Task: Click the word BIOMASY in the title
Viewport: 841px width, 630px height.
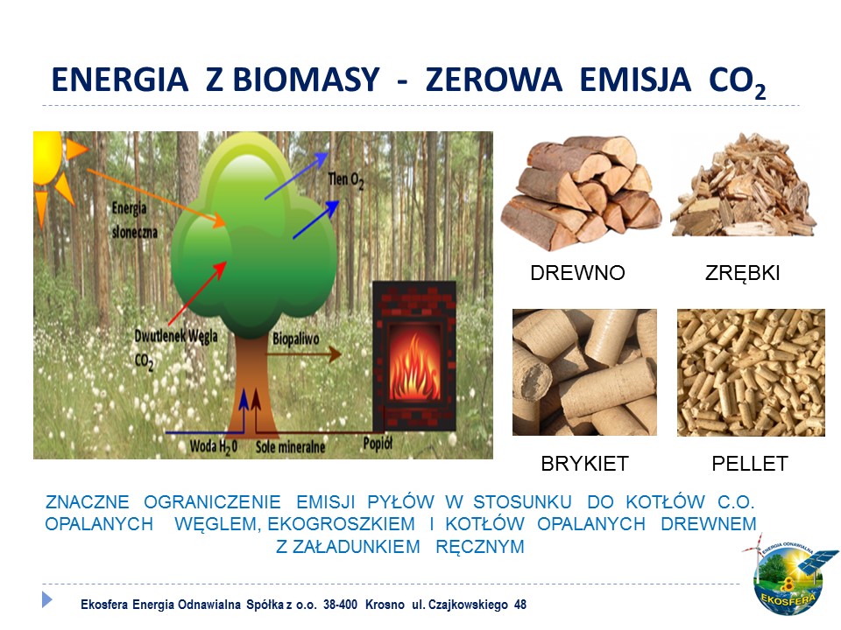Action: pos(307,80)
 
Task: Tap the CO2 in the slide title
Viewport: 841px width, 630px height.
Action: pos(737,82)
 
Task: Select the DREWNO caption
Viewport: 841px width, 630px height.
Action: pos(577,273)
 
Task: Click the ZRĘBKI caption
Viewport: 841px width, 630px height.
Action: pos(742,273)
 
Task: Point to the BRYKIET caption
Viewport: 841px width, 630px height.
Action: pos(584,464)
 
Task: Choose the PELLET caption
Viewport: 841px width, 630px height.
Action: pos(750,464)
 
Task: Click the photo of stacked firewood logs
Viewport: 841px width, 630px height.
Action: pos(582,192)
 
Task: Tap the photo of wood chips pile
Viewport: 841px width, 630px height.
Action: pos(744,185)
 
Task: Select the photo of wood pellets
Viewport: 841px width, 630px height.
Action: pos(751,373)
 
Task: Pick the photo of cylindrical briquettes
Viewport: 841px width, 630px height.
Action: pos(584,373)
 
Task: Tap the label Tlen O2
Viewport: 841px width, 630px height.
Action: pos(347,180)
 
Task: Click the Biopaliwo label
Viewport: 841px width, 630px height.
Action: pos(295,339)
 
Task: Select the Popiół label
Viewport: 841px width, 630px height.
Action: pos(378,443)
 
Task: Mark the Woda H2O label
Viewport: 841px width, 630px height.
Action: pos(214,447)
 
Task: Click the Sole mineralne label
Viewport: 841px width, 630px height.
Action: pos(290,447)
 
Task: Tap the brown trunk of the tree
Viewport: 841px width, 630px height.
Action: pos(250,386)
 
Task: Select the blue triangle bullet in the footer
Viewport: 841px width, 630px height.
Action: pos(46,599)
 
